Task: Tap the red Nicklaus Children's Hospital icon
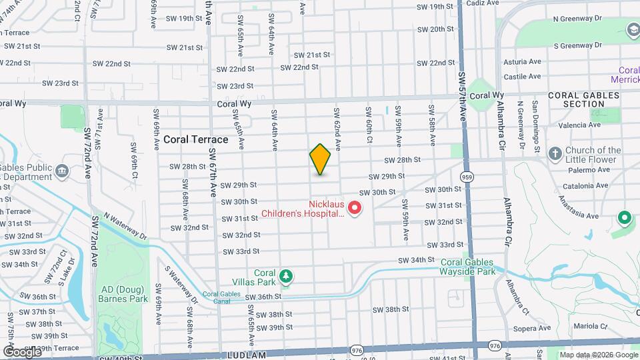(x=355, y=209)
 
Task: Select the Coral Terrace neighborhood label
(x=195, y=140)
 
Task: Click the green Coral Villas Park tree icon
(x=286, y=275)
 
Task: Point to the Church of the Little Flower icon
(x=555, y=154)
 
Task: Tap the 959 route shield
(x=467, y=177)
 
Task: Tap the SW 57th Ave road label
(x=462, y=87)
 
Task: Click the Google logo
(x=21, y=351)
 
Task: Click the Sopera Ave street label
(x=531, y=328)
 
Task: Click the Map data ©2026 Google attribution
(x=598, y=355)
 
